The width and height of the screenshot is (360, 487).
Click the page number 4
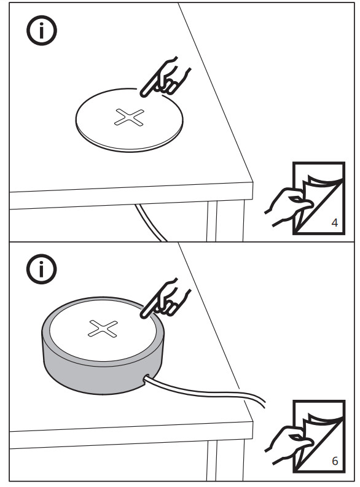(334, 222)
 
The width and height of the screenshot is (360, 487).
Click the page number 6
(334, 459)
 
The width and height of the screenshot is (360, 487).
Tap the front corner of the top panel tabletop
(252, 182)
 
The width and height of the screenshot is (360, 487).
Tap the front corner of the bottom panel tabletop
(252, 420)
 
